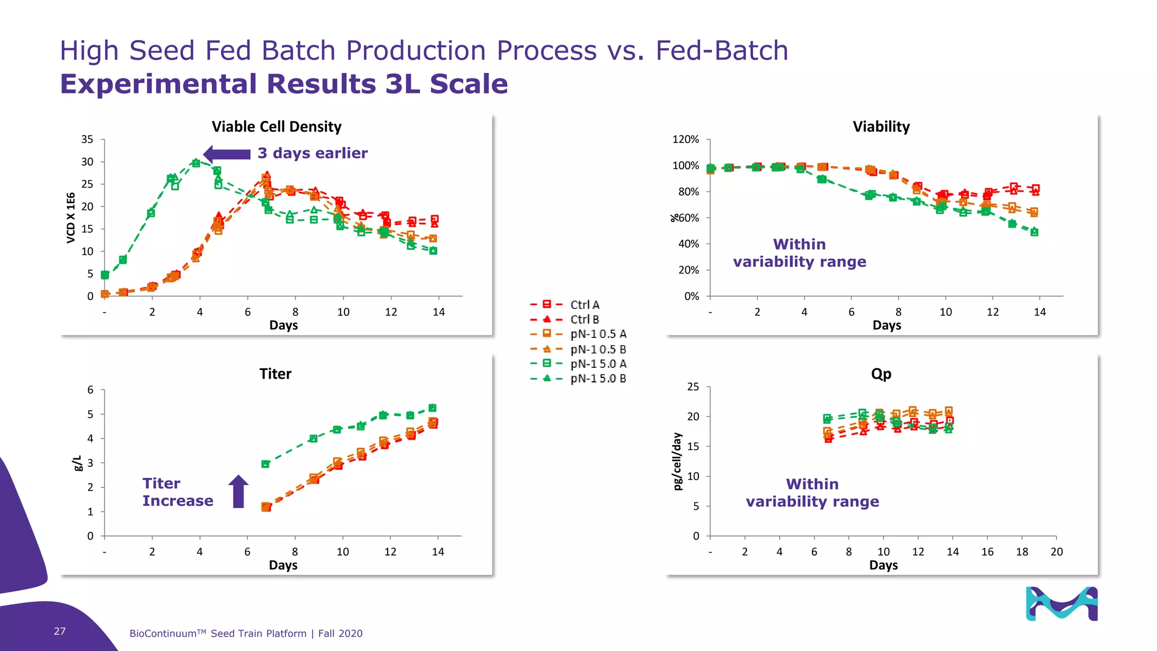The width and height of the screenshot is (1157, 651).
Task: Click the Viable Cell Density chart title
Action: pos(276,127)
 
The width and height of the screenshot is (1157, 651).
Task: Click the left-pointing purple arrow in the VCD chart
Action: pos(227,154)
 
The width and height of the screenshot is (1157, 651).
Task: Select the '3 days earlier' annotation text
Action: pos(312,153)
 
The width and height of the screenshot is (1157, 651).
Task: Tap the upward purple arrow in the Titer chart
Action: pos(238,491)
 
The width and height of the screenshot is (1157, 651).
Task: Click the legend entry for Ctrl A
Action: pos(584,305)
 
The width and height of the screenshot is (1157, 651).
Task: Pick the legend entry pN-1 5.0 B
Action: pos(598,379)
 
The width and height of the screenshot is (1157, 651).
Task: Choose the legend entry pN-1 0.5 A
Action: pos(598,334)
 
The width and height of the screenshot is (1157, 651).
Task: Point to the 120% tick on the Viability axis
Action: pos(685,140)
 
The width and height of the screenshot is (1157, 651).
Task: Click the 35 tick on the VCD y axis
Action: pos(87,140)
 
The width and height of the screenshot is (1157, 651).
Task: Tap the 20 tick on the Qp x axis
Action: pos(1056,552)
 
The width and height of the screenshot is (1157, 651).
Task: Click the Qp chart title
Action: pos(881,374)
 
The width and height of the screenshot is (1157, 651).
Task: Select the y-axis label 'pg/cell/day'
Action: pos(677,461)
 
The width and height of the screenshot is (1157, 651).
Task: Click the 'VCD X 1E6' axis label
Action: pos(71,218)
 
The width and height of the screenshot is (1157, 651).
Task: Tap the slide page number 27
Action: pos(60,631)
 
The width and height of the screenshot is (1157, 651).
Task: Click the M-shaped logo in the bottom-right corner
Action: pos(1062,604)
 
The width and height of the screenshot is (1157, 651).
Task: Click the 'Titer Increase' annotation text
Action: pos(177,492)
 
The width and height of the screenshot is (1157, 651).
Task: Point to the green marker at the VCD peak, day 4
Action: pos(196,163)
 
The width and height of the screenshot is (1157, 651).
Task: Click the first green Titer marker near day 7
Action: pos(266,464)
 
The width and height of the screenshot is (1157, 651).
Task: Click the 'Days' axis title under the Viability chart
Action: pos(886,325)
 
